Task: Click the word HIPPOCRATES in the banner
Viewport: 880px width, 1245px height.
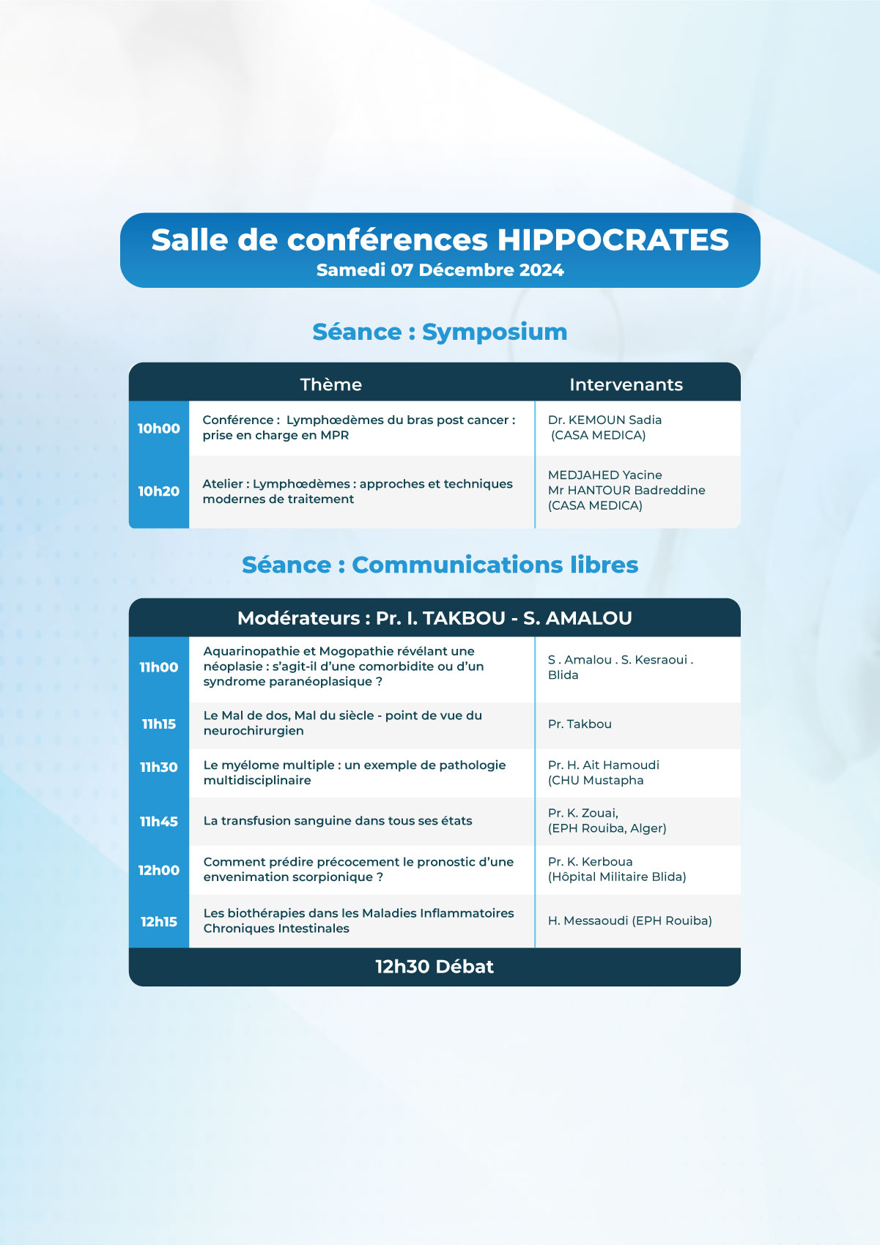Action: coord(613,240)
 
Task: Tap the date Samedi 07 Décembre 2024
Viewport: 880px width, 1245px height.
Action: coord(440,270)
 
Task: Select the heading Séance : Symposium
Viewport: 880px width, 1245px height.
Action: coord(440,332)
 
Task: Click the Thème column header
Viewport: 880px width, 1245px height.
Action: coord(331,384)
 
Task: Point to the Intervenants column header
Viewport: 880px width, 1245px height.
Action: coord(626,384)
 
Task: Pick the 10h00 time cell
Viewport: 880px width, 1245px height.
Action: coord(159,428)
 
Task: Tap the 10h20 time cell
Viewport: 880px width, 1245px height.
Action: coord(159,491)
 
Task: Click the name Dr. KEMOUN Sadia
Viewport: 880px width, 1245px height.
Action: coord(604,420)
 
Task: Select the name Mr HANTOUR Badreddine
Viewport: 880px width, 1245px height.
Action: coord(626,490)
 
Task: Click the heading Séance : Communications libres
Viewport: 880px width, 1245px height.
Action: coord(440,565)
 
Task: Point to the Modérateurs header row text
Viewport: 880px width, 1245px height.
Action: coord(435,618)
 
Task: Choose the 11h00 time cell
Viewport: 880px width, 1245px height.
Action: coord(159,667)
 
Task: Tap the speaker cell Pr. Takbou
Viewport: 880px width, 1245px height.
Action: coord(580,724)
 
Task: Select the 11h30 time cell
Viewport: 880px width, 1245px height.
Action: coord(159,767)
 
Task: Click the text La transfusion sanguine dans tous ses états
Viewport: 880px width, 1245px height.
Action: coord(338,820)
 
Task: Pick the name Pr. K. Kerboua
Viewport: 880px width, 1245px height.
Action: coord(590,861)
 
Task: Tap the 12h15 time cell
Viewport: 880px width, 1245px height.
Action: coord(159,921)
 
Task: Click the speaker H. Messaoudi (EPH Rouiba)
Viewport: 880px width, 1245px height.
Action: coord(629,921)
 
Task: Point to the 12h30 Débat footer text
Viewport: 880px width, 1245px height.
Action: coord(435,967)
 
